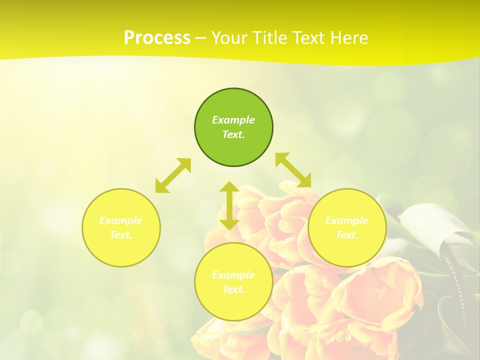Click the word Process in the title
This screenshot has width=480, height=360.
(x=157, y=38)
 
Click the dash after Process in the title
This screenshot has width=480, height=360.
(x=200, y=38)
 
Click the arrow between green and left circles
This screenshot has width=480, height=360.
(x=173, y=175)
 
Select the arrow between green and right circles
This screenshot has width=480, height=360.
(x=293, y=170)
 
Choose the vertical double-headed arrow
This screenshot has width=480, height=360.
(x=229, y=205)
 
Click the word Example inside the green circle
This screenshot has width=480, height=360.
(x=233, y=120)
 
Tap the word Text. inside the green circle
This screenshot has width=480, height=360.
(x=233, y=134)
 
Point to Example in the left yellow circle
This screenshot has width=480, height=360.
(x=121, y=220)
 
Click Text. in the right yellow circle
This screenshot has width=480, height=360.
(x=347, y=235)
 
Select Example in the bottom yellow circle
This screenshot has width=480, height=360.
(x=233, y=275)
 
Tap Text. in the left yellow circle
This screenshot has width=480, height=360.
(x=121, y=235)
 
